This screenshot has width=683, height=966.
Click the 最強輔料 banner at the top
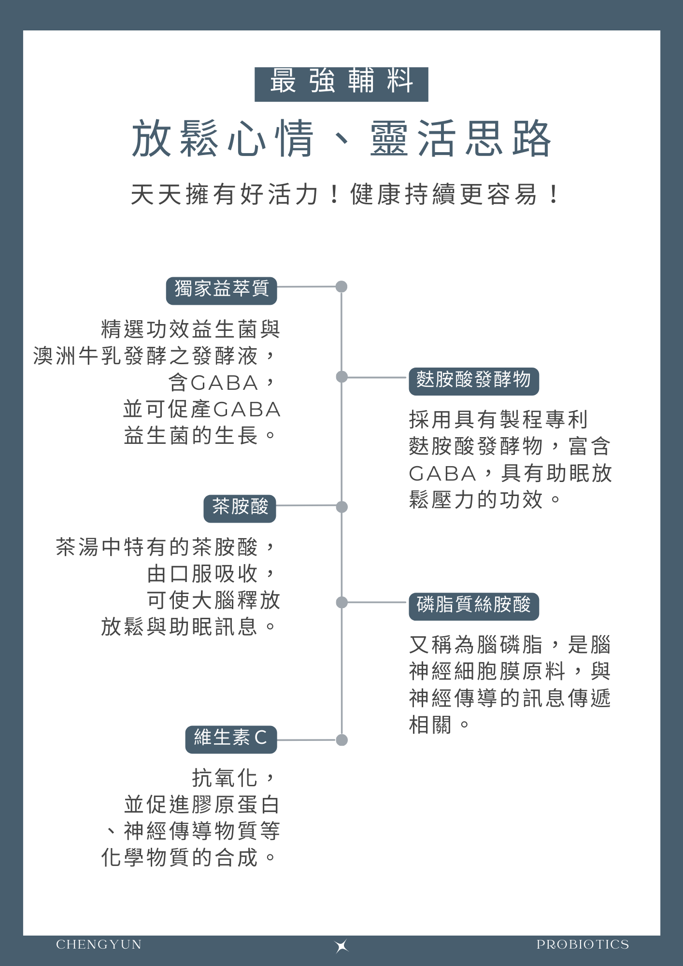(341, 84)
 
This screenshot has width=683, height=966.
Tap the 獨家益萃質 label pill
(221, 290)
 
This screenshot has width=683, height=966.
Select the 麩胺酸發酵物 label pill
(474, 381)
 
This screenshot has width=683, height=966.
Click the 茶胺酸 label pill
(240, 509)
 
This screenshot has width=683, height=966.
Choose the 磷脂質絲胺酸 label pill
(474, 606)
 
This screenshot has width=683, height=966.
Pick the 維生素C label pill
(231, 739)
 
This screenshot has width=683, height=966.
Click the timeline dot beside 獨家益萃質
(341, 286)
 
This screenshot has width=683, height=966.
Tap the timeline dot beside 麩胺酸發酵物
(341, 377)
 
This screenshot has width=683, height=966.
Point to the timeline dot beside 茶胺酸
(341, 507)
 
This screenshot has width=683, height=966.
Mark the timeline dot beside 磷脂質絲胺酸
(341, 602)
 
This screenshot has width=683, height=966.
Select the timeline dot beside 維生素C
(341, 740)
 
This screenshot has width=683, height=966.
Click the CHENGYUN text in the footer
(99, 945)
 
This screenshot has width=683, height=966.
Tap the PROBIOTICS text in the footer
(583, 945)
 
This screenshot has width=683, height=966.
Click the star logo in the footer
(341, 946)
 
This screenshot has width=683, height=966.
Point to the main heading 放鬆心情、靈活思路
(341, 139)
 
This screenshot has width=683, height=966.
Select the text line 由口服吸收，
(213, 574)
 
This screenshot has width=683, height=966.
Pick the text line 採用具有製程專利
(498, 419)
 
